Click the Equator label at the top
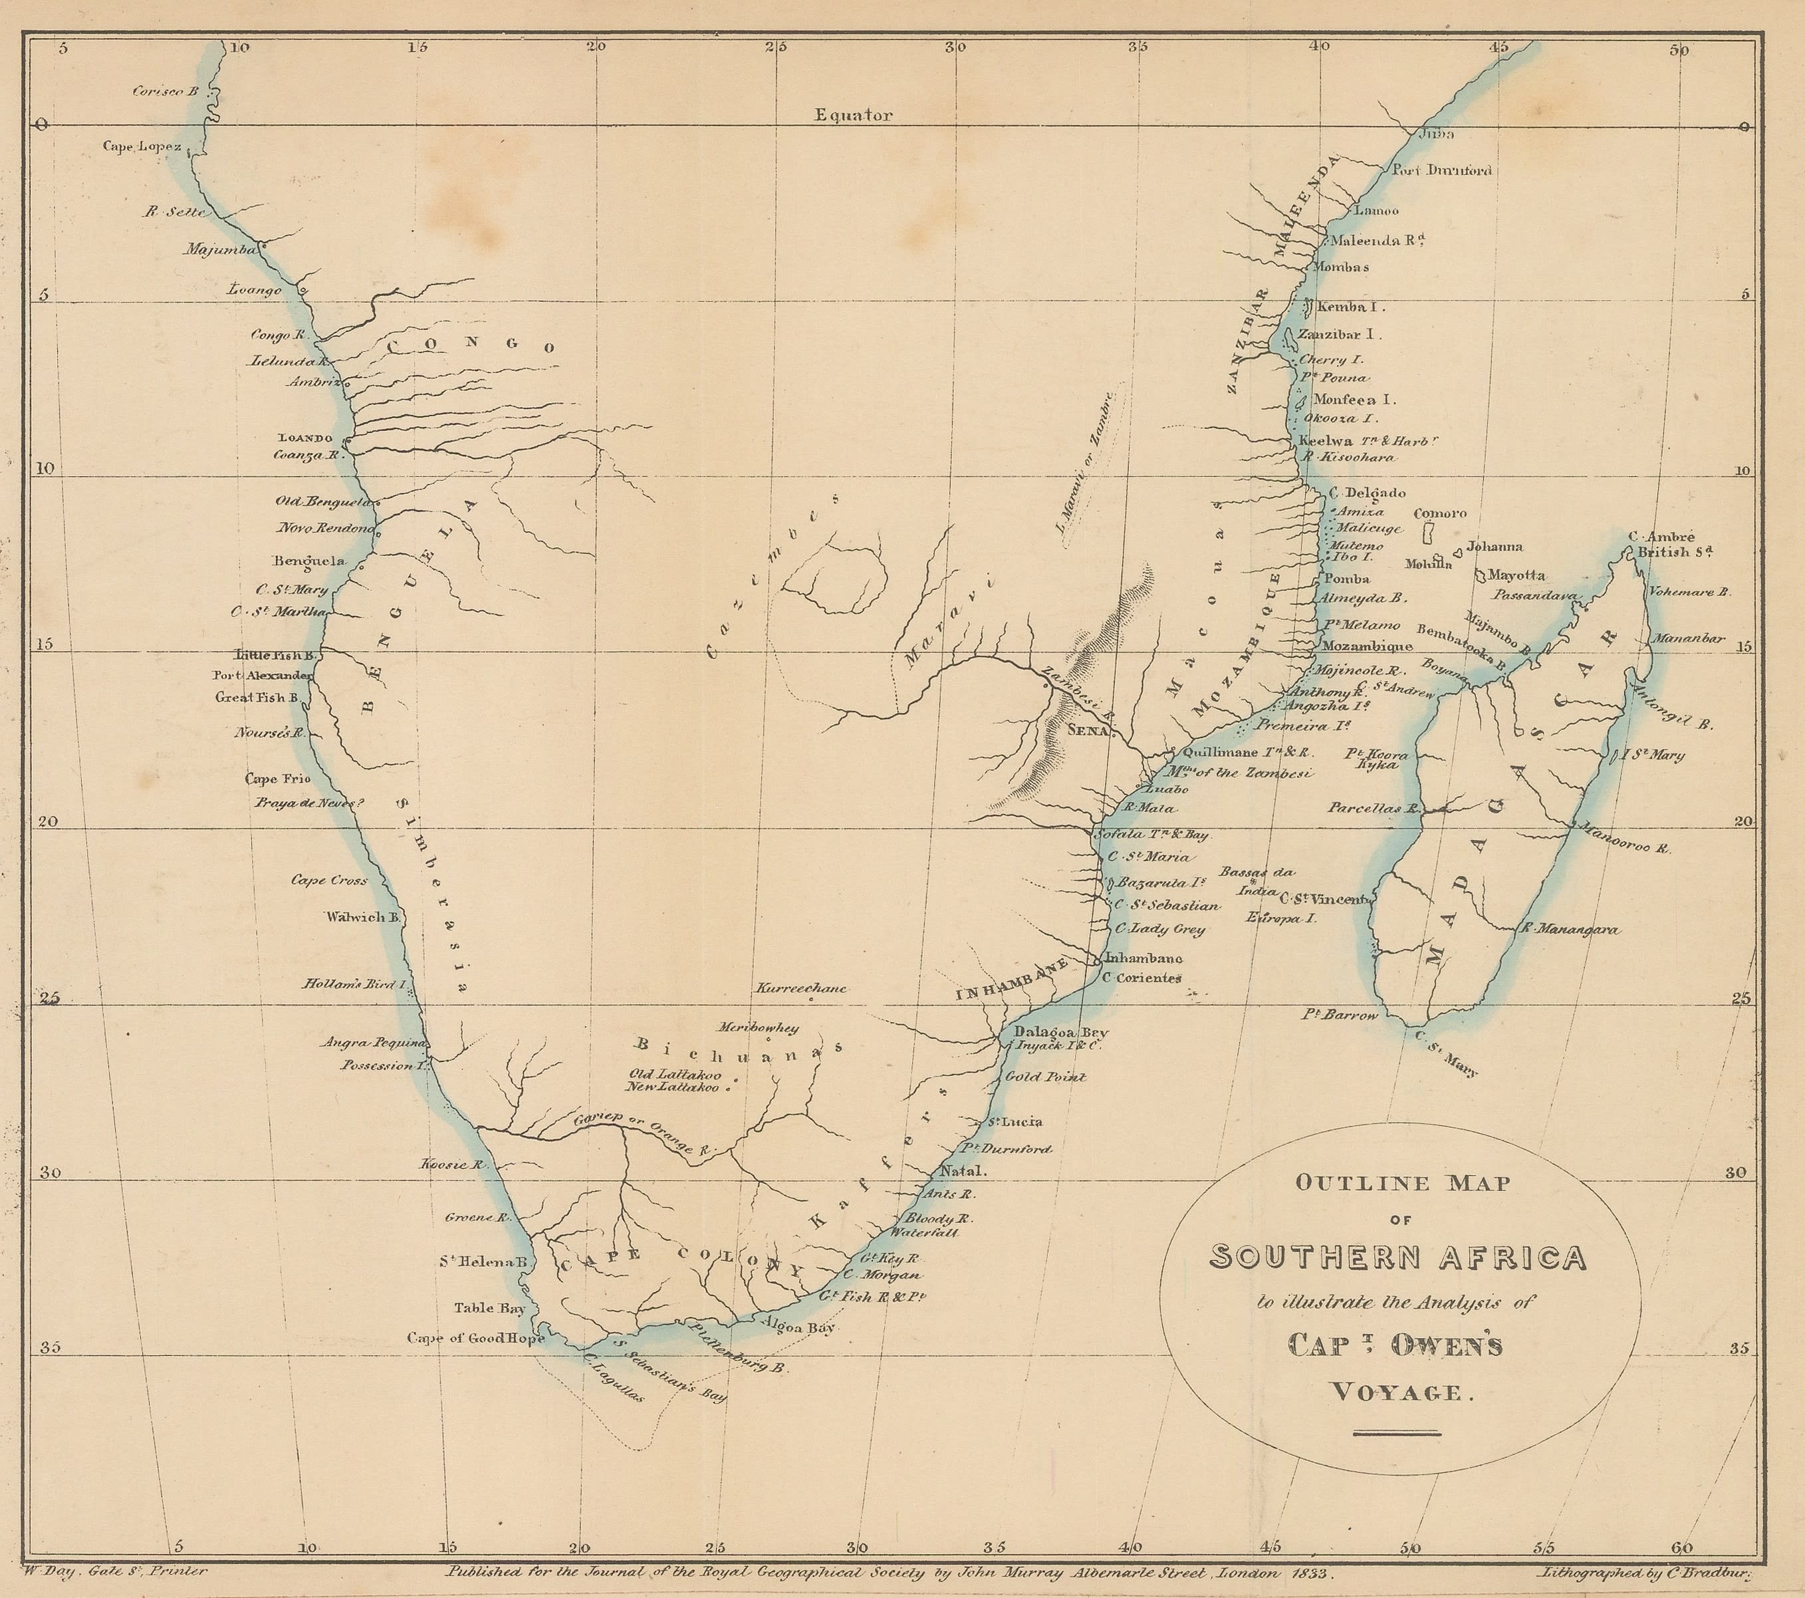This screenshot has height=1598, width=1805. point(853,115)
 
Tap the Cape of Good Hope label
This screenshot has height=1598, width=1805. point(475,1337)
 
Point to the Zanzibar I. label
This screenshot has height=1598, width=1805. point(1340,334)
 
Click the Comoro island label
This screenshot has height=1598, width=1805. point(1439,513)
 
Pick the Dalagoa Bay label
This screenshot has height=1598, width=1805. point(1060,1032)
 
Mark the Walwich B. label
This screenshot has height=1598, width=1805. point(364,917)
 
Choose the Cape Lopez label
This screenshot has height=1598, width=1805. point(142,146)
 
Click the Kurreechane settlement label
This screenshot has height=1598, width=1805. point(801,988)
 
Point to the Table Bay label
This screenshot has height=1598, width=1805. point(489,1308)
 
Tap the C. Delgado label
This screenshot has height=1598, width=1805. point(1367,493)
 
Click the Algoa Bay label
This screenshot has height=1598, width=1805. point(797,1327)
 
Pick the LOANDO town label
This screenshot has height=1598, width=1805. point(306,438)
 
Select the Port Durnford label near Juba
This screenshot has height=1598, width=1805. point(1441,170)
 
